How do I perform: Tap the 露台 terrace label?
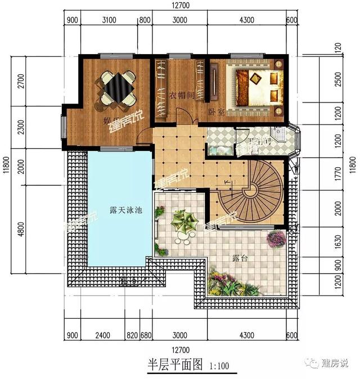click(x=241, y=258)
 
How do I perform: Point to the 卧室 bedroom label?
click(x=216, y=112)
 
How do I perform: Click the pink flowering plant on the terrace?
click(x=276, y=238)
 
